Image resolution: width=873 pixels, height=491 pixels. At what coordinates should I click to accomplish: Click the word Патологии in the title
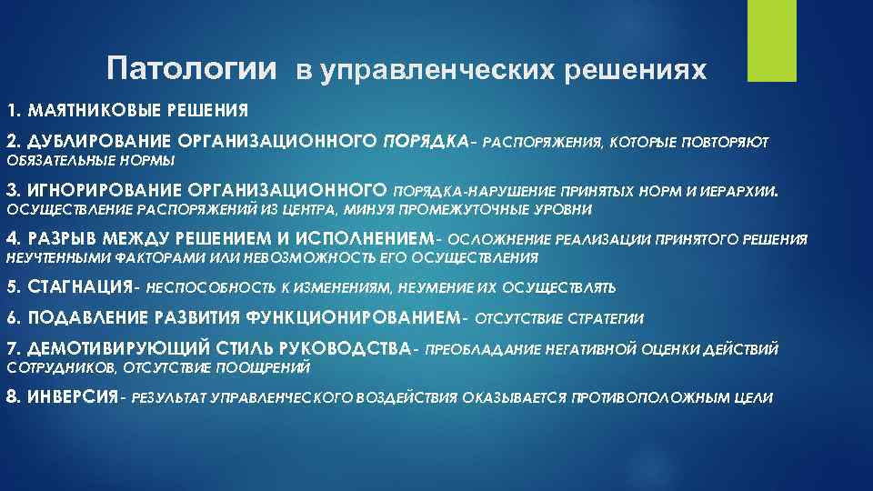pyautogui.click(x=189, y=69)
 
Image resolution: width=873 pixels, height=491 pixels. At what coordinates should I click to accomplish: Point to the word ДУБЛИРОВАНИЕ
pyautogui.click(x=98, y=142)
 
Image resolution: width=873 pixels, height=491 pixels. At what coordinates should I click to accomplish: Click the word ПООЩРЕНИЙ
pyautogui.click(x=271, y=368)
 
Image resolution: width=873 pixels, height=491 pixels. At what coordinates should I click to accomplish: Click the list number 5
pyautogui.click(x=12, y=287)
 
